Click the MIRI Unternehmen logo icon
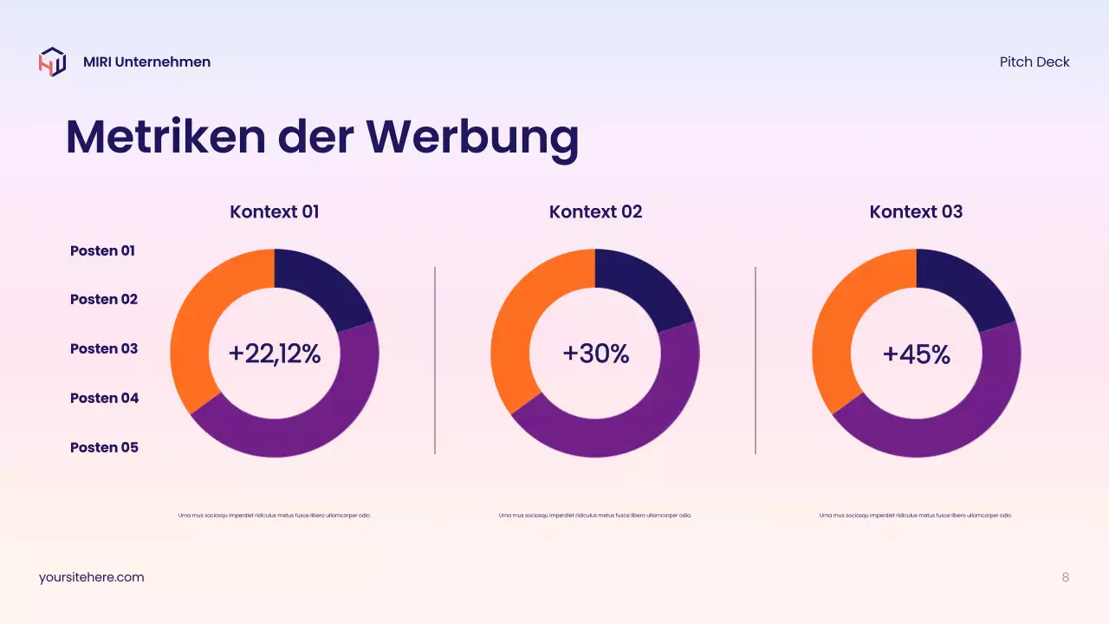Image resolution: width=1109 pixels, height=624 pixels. (x=52, y=62)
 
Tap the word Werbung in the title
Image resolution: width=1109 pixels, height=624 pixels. (x=471, y=137)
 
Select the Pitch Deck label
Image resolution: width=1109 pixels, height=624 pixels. (x=1034, y=62)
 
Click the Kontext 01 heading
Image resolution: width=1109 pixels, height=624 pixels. (x=275, y=211)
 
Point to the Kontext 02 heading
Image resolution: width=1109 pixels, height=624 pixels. (x=595, y=211)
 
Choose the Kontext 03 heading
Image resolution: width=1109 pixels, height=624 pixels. (x=916, y=211)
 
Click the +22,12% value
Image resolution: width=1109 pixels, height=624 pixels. (x=275, y=354)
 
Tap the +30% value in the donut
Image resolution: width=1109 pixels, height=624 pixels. (x=595, y=354)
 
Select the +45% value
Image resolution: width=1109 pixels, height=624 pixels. (x=916, y=354)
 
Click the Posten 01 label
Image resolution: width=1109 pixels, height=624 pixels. (x=102, y=250)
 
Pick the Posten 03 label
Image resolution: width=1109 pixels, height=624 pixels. (x=104, y=348)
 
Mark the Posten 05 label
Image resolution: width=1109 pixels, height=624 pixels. (x=104, y=447)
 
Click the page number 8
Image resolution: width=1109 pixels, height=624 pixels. (x=1066, y=577)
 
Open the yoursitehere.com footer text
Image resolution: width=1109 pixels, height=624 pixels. (x=92, y=577)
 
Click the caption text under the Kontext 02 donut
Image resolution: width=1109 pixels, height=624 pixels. (x=595, y=516)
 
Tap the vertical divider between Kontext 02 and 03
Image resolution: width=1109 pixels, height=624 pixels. (x=756, y=360)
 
